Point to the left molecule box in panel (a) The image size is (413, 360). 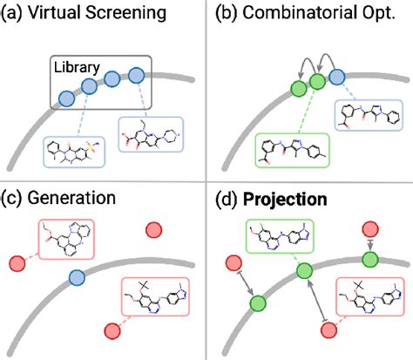click(x=77, y=151)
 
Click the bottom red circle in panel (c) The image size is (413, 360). click(x=112, y=329)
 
